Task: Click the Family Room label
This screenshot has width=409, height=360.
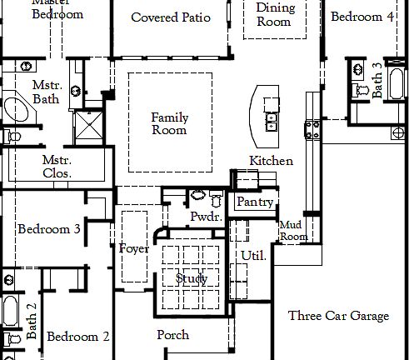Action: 169,123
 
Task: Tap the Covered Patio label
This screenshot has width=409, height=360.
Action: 171,17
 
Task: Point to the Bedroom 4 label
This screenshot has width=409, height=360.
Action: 362,17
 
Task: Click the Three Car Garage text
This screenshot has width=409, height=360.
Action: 338,316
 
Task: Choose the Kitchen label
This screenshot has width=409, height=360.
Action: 272,160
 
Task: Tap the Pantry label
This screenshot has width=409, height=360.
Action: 255,202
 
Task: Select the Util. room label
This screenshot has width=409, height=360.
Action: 252,256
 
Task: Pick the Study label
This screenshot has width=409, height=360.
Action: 192,278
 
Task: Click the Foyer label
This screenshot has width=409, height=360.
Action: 134,248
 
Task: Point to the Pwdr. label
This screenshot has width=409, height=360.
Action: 204,217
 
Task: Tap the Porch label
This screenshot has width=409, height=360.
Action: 172,335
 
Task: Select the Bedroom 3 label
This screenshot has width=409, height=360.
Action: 49,229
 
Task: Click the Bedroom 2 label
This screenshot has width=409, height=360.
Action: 77,337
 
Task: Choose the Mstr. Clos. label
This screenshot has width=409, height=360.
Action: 57,167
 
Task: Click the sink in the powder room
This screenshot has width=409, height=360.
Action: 198,196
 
